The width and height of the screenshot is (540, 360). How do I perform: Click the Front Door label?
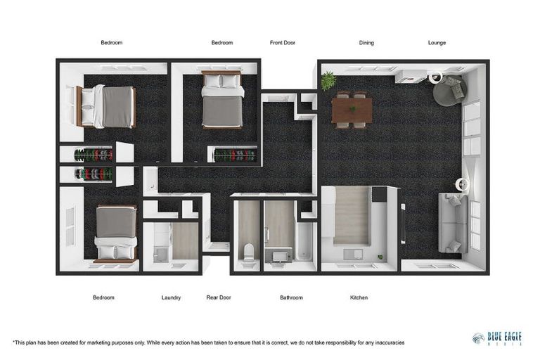point(283,43)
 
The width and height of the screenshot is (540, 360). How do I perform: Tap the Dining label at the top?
point(366,43)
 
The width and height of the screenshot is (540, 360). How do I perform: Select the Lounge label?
point(437,43)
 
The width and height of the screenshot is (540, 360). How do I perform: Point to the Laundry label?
point(171,297)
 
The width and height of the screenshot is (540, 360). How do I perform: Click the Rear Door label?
point(219,297)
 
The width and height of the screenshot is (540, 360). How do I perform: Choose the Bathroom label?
point(291,297)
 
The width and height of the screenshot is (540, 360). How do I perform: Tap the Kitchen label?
point(359,297)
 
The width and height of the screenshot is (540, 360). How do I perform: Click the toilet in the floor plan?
point(247,250)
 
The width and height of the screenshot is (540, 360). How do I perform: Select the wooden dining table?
point(352,110)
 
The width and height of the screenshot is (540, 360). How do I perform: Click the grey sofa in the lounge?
point(452,223)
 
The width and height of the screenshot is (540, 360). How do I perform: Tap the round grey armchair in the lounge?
point(449,90)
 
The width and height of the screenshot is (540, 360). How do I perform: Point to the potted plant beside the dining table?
point(328,82)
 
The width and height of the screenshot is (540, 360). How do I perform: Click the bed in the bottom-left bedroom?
point(115,233)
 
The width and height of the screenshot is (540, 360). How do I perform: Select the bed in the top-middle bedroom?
point(222,100)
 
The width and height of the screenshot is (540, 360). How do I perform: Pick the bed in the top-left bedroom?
point(107,106)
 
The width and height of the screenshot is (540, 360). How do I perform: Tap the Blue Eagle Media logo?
point(497,339)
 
